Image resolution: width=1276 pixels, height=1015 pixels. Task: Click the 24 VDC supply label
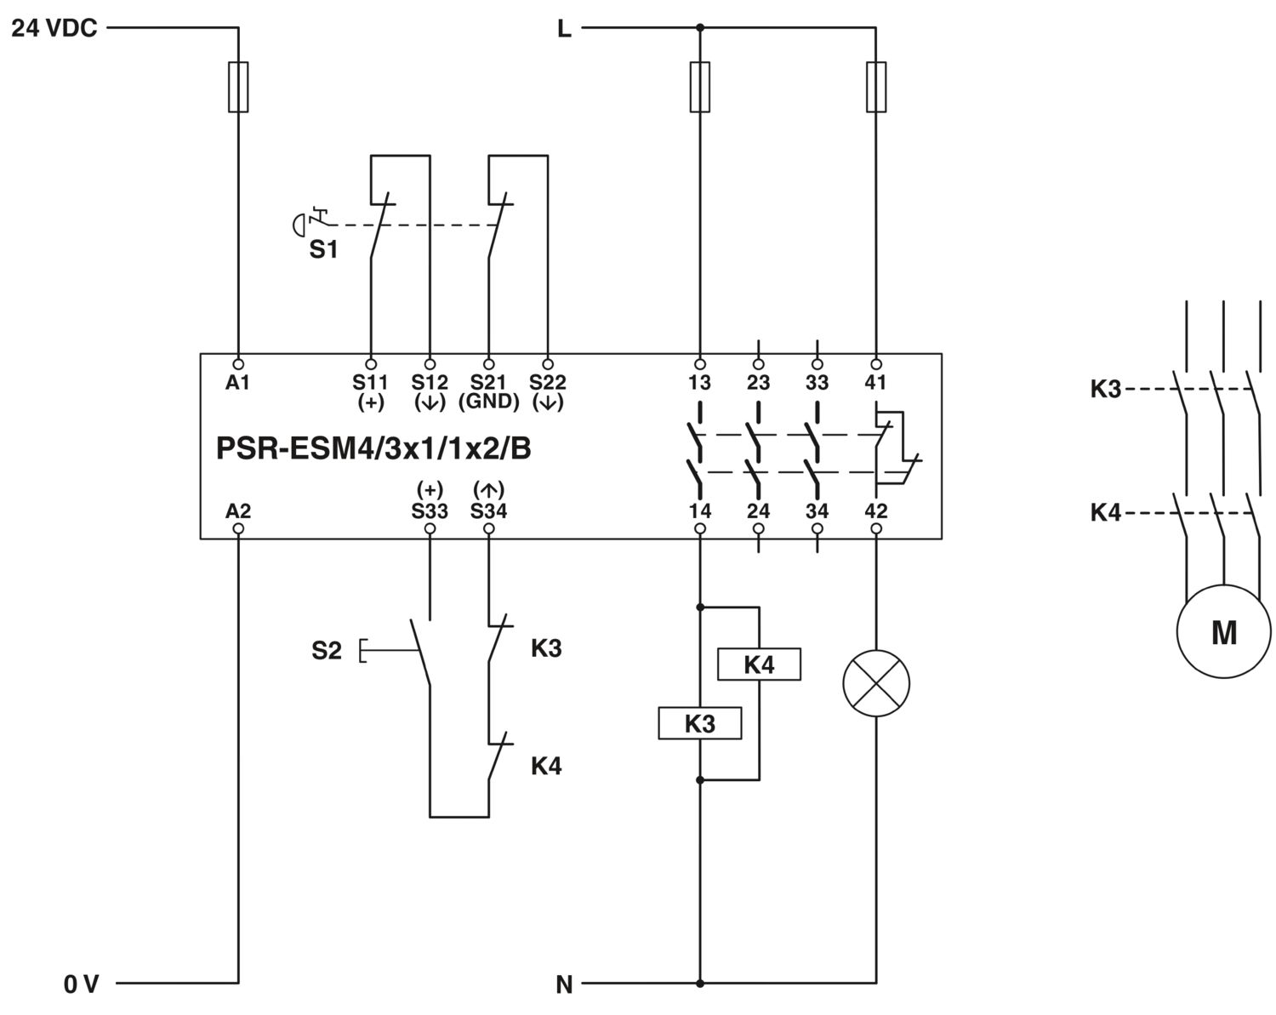(x=54, y=28)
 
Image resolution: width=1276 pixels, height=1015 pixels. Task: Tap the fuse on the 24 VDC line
(x=238, y=87)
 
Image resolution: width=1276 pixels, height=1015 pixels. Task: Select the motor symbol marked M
(x=1224, y=631)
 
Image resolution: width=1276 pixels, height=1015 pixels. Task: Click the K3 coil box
(x=699, y=723)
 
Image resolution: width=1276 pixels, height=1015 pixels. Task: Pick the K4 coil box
(x=759, y=664)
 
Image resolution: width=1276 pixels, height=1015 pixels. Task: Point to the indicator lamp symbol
(x=876, y=683)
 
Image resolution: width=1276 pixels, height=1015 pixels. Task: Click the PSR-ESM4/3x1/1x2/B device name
(x=373, y=448)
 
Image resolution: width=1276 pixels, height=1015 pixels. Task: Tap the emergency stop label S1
(x=324, y=250)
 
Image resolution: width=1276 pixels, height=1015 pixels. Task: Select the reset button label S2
(x=327, y=651)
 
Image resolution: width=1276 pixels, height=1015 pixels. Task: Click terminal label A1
(x=238, y=383)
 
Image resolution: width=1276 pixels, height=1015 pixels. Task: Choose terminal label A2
(x=238, y=510)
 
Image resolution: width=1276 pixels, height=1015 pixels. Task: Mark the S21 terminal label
(x=488, y=383)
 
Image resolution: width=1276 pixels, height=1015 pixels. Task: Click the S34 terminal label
(x=488, y=510)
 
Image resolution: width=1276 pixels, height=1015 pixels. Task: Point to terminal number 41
(x=876, y=383)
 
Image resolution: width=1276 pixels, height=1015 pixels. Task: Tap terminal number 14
(x=699, y=510)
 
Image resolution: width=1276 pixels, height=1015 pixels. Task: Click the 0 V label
(x=81, y=984)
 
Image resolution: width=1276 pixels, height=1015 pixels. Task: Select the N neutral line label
(x=565, y=984)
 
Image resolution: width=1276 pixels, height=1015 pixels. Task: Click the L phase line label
(x=565, y=28)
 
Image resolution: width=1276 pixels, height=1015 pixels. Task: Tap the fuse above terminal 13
(x=699, y=87)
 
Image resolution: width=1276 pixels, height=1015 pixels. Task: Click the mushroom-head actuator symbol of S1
(x=299, y=225)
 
